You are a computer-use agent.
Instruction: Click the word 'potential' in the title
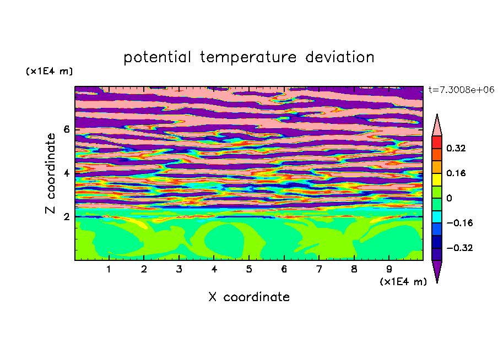point(158,57)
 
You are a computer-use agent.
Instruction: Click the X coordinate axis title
point(249,297)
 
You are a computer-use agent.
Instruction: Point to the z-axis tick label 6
point(67,129)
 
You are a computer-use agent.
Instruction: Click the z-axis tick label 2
point(67,216)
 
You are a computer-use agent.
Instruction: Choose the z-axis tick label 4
point(67,173)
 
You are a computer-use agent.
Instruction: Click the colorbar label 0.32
point(457,148)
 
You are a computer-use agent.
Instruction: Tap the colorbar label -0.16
point(458,223)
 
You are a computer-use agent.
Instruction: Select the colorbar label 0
point(449,198)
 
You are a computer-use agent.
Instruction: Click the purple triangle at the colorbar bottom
point(437,271)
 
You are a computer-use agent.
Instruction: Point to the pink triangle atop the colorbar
point(437,125)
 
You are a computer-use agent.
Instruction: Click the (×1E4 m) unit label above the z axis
point(49,72)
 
